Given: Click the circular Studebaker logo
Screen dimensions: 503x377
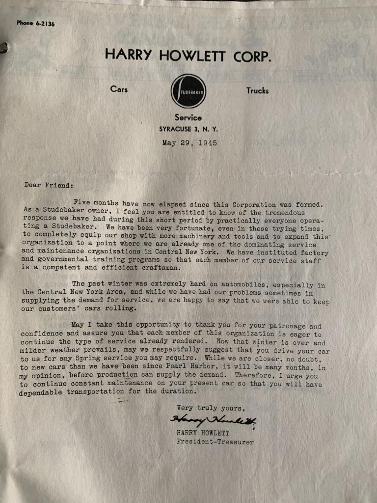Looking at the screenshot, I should (x=188, y=91).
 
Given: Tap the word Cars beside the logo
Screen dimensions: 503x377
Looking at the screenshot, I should (x=119, y=89).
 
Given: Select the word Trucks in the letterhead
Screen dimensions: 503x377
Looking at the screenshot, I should (x=257, y=90).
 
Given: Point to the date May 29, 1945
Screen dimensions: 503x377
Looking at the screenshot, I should (x=189, y=143).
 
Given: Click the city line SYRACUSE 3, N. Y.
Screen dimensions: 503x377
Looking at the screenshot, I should (x=188, y=129).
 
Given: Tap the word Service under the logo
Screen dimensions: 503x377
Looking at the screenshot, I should (x=188, y=118).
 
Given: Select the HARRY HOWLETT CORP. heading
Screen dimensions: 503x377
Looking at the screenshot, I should (x=188, y=55).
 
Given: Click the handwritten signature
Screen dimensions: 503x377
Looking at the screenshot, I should (x=213, y=420).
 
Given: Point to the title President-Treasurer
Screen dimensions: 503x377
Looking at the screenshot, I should (x=215, y=442).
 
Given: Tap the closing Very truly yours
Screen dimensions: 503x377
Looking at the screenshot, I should (x=211, y=408).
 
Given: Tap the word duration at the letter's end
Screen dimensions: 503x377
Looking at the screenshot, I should (x=176, y=391).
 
